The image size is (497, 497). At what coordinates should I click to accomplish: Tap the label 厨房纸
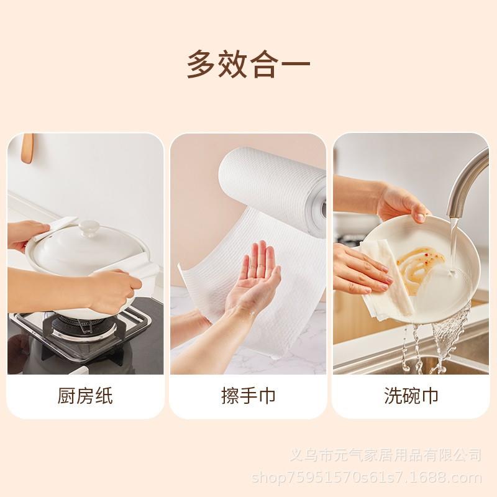(x=86, y=396)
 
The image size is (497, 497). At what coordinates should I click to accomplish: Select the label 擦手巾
(x=248, y=396)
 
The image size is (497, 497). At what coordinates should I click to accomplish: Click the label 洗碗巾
(x=411, y=396)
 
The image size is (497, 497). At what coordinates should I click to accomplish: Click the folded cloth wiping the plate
(x=388, y=286)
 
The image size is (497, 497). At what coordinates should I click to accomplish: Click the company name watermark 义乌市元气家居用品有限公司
(x=386, y=456)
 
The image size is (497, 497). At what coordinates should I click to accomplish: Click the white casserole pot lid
(x=87, y=248)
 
